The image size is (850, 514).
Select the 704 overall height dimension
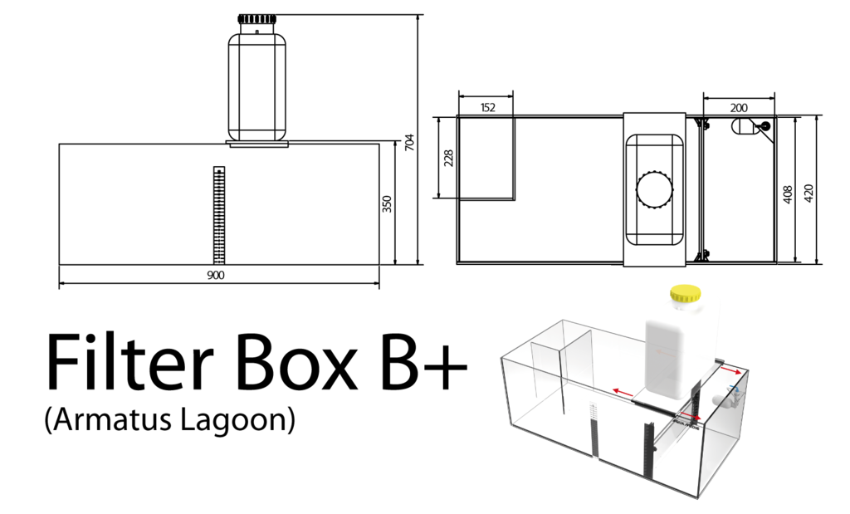click(409, 143)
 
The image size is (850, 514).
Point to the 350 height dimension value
click(387, 204)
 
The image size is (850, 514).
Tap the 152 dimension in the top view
click(487, 107)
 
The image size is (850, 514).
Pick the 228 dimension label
click(449, 158)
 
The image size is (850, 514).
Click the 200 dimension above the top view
click(739, 107)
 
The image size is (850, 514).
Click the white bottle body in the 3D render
click(677, 349)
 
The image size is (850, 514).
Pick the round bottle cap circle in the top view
click(655, 189)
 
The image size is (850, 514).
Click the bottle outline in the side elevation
click(256, 83)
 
